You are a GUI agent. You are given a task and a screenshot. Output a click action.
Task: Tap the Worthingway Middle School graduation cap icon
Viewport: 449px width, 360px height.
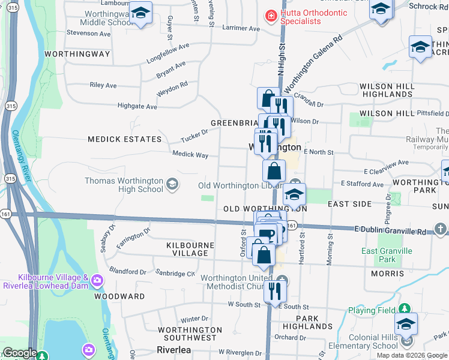click(x=140, y=13)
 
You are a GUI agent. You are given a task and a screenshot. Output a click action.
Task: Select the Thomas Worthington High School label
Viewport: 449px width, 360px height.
click(x=124, y=185)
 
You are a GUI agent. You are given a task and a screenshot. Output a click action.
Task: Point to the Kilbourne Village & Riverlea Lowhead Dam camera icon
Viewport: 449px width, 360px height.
click(x=97, y=280)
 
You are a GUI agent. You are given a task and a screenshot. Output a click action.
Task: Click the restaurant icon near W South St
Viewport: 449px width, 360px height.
click(x=274, y=291)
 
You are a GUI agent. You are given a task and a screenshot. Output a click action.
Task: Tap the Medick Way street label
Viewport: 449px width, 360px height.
click(x=190, y=155)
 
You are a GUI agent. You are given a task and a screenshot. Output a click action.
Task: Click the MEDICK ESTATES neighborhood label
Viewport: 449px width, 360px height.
click(x=124, y=139)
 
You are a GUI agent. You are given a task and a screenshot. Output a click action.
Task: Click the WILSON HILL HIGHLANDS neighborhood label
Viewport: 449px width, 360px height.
click(x=387, y=91)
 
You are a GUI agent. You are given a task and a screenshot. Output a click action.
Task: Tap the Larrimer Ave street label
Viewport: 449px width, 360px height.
click(x=241, y=28)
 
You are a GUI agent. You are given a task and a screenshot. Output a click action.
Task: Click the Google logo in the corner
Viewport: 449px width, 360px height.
click(x=20, y=353)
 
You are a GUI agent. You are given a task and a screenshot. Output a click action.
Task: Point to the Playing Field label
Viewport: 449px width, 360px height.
click(x=370, y=311)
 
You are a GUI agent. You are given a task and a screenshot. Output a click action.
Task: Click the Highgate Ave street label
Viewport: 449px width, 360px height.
click(x=137, y=107)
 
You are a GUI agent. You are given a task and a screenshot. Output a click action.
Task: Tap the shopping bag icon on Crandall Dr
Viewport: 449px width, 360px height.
click(x=268, y=98)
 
